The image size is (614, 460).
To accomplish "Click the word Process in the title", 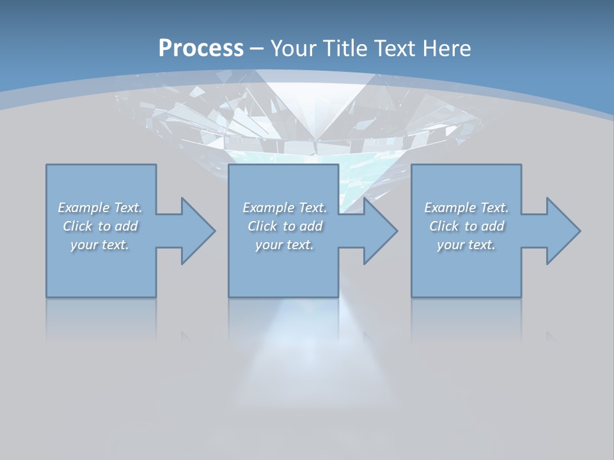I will point(201,48).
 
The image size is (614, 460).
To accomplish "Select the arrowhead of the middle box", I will point(379,231).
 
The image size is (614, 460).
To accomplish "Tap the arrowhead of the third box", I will point(562,231).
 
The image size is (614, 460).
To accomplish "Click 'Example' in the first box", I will point(84,208).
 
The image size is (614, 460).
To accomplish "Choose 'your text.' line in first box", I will point(100,245).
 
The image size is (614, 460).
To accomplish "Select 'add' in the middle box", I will point(311,226).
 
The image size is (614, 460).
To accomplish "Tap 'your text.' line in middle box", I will point(285,245).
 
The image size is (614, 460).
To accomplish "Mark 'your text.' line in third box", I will point(466,245).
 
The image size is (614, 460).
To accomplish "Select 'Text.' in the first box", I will point(128,208).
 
